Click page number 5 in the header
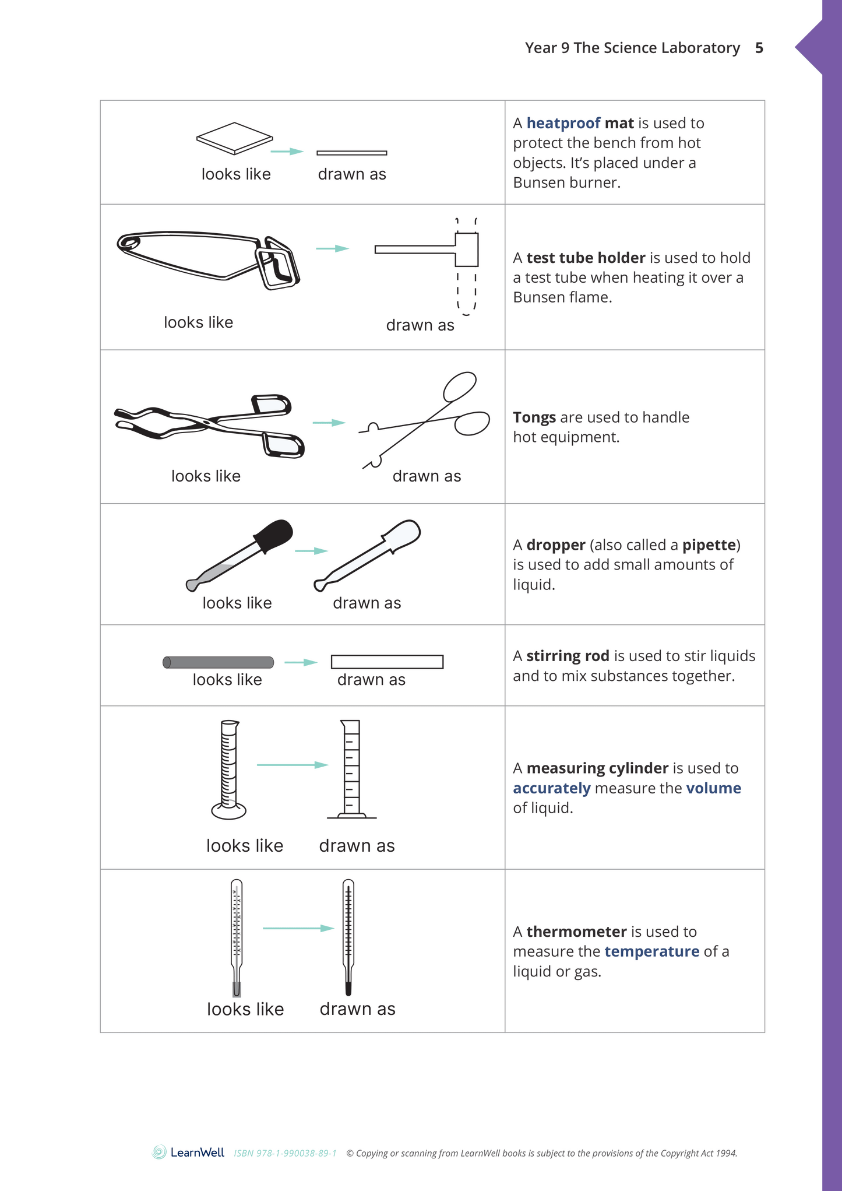click(x=759, y=48)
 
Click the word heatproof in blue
click(x=563, y=123)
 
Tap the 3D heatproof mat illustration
click(x=234, y=138)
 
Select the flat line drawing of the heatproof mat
click(x=351, y=153)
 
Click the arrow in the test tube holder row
click(x=332, y=248)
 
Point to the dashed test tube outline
click(x=467, y=291)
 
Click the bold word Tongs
click(x=534, y=417)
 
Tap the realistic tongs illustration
click(x=210, y=426)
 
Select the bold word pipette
click(x=709, y=545)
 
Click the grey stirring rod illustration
click(x=219, y=662)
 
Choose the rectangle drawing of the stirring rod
click(x=387, y=662)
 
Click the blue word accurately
click(x=551, y=788)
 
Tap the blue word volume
click(x=713, y=788)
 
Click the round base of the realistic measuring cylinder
click(x=228, y=810)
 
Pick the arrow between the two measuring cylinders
click(x=293, y=765)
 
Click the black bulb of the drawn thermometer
click(x=348, y=988)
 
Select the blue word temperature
click(x=651, y=951)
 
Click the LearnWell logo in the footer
click(x=188, y=1153)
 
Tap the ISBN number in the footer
click(x=285, y=1153)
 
